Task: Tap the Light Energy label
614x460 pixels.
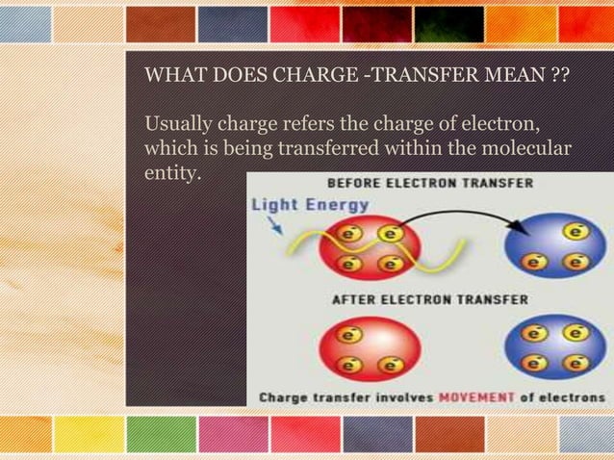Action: pos(310,204)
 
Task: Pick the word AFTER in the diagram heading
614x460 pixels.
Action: pos(354,299)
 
